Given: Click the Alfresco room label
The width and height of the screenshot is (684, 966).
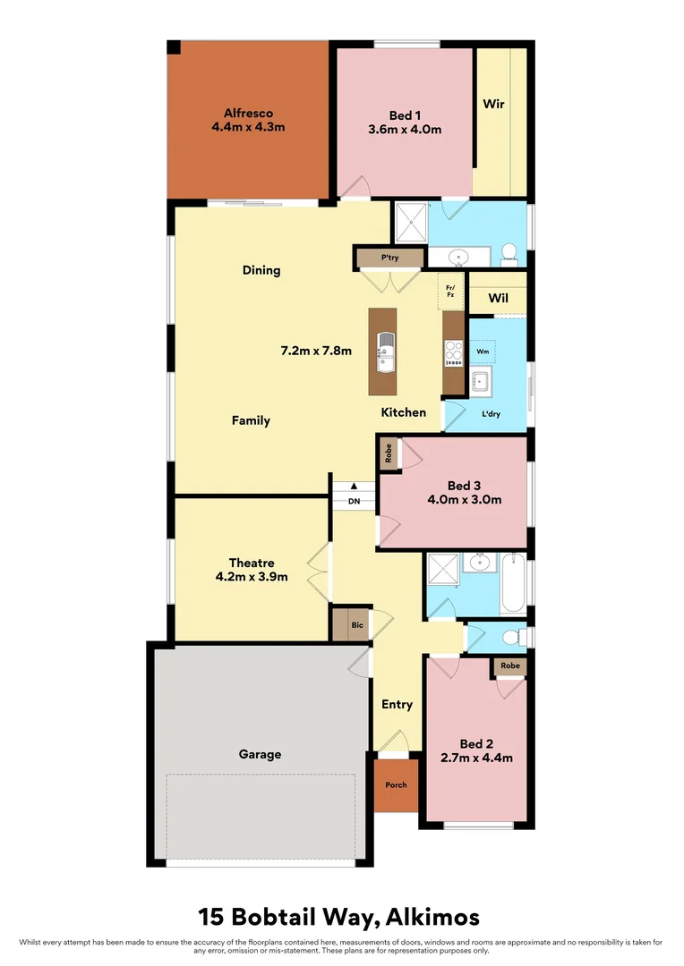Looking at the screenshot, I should [x=248, y=114].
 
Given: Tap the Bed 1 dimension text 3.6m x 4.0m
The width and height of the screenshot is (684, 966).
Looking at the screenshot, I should [x=405, y=129].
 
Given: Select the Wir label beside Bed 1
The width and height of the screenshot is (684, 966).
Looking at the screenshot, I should [x=493, y=104].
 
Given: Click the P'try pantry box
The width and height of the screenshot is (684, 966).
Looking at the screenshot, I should [x=389, y=258].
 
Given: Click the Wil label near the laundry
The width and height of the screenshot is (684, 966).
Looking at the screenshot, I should [x=498, y=297].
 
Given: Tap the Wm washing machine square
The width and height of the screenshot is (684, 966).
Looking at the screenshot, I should [x=483, y=351].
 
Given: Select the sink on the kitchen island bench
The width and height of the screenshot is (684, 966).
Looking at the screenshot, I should [x=385, y=352].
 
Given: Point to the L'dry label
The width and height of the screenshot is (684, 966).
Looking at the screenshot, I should [x=491, y=414].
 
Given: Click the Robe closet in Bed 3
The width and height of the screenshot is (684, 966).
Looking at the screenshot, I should [x=389, y=453].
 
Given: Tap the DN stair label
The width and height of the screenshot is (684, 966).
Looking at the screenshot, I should [x=354, y=501].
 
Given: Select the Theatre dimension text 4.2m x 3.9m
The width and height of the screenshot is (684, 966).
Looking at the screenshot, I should [x=252, y=577].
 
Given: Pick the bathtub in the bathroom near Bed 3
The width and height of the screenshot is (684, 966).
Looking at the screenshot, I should [x=513, y=583].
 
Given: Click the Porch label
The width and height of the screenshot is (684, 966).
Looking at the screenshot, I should [x=396, y=784].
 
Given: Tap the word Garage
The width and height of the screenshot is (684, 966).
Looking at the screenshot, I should [x=260, y=754].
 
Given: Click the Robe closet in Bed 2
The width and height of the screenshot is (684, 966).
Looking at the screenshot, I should [x=509, y=666].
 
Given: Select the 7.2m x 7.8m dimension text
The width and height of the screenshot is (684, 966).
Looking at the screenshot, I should [x=317, y=351].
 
